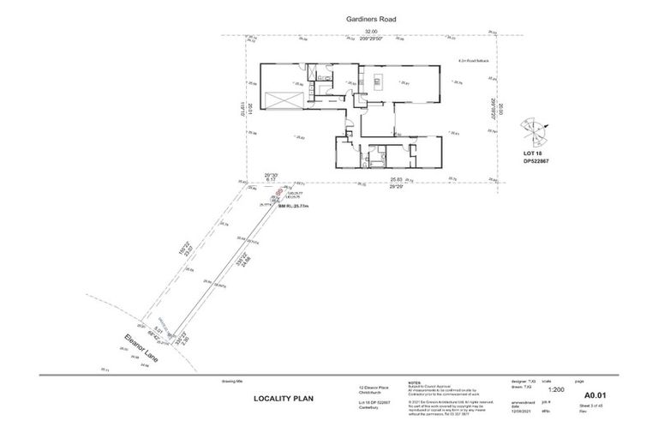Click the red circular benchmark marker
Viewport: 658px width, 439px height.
click(278, 195)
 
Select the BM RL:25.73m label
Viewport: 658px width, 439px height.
click(280, 207)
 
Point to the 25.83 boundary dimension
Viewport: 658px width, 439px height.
click(396, 179)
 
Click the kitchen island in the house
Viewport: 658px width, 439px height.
click(400, 82)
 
